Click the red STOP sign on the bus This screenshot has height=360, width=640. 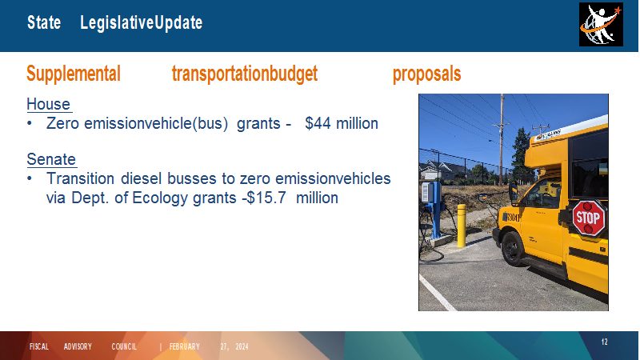pyautogui.click(x=589, y=218)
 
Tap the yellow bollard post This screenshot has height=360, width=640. pyautogui.click(x=462, y=226)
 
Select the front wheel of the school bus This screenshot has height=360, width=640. pyautogui.click(x=512, y=248)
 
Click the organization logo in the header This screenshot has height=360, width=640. pyautogui.click(x=601, y=25)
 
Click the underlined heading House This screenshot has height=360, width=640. pyautogui.click(x=49, y=104)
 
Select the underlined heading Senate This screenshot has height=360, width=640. pyautogui.click(x=51, y=159)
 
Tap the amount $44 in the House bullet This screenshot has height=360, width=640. pyautogui.click(x=318, y=123)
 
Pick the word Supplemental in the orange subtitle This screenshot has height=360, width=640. pyautogui.click(x=74, y=74)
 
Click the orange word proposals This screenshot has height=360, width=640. pyautogui.click(x=426, y=74)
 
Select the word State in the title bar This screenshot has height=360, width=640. pyautogui.click(x=44, y=22)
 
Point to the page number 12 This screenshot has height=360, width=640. pyautogui.click(x=605, y=342)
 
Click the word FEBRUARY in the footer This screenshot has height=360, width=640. pyautogui.click(x=185, y=346)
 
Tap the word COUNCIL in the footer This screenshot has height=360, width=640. pyautogui.click(x=124, y=346)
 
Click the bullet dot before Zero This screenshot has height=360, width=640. pyautogui.click(x=30, y=123)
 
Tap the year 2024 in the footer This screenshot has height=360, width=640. pyautogui.click(x=242, y=346)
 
